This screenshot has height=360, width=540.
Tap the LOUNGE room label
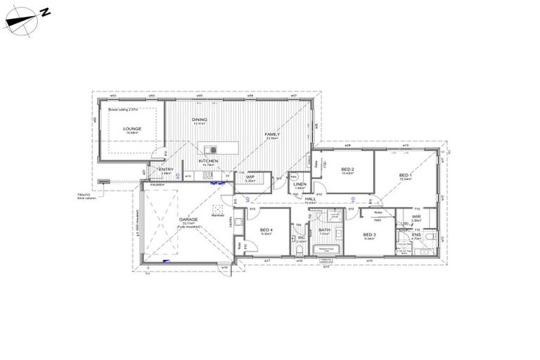tap(132, 129)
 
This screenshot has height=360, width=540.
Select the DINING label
tap(200, 120)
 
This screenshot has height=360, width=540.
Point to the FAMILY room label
tap(272, 134)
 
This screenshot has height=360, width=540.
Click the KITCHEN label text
tap(208, 161)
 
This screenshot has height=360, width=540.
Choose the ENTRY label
tap(166, 169)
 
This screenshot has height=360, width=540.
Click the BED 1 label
tap(406, 175)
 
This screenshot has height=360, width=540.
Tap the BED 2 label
tap(347, 169)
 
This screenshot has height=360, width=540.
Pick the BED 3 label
tap(370, 234)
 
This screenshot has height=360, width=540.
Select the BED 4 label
tap(266, 230)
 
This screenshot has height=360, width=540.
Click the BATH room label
tap(324, 230)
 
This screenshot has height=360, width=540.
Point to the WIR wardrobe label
tap(416, 217)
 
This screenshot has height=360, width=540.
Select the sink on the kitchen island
tap(210, 150)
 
